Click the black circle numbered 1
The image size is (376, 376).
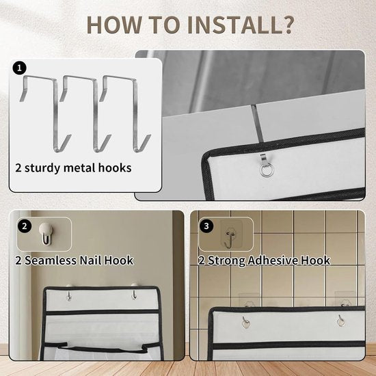[x=19, y=68]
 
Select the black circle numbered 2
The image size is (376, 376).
[x=25, y=226]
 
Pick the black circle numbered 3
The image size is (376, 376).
[x=206, y=226]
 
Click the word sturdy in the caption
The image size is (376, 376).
[x=42, y=168]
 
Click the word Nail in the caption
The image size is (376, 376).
[x=90, y=260]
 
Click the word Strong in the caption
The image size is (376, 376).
[x=226, y=260]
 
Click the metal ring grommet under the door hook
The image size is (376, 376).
[x=267, y=170]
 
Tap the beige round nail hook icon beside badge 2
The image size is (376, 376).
[x=46, y=234]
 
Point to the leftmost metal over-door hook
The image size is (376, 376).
[x=45, y=113]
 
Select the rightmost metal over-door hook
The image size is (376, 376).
[x=125, y=113]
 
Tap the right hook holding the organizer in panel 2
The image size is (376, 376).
[x=135, y=292]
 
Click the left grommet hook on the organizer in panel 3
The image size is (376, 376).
[x=245, y=322]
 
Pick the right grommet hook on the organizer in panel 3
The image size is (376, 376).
[x=340, y=321]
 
